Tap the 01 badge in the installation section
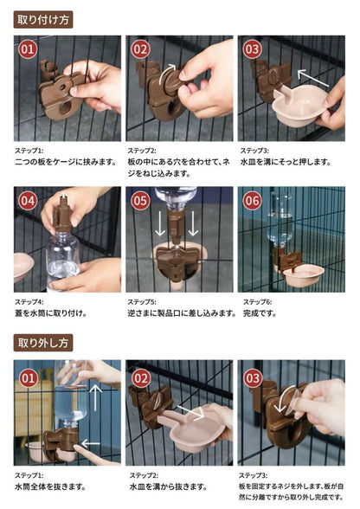pyautogui.click(x=28, y=49)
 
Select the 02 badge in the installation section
pyautogui.click(x=140, y=49)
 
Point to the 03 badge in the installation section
pyautogui.click(x=252, y=49)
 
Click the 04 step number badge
pyautogui.click(x=28, y=201)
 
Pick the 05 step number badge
pyautogui.click(x=140, y=201)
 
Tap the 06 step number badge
pyautogui.click(x=252, y=201)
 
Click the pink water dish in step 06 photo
pyautogui.click(x=303, y=275)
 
